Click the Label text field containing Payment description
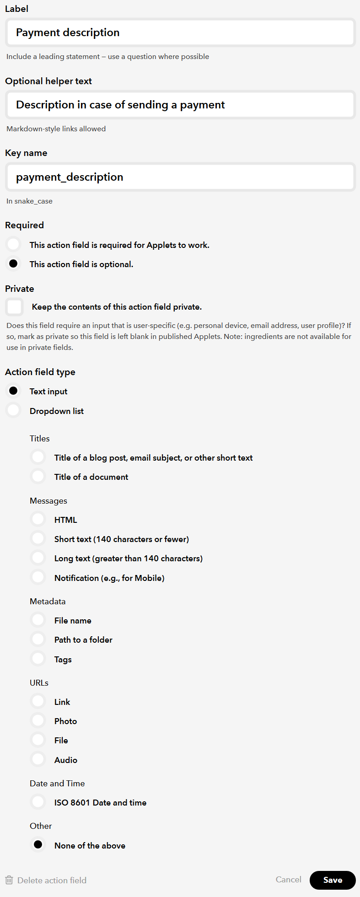pyautogui.click(x=180, y=32)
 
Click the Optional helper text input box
pyautogui.click(x=180, y=105)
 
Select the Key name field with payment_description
pyautogui.click(x=180, y=177)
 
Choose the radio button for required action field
pyautogui.click(x=14, y=244)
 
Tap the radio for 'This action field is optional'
pyautogui.click(x=14, y=263)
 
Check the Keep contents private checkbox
pyautogui.click(x=15, y=307)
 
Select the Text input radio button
pyautogui.click(x=14, y=391)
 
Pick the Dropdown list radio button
pyautogui.click(x=14, y=410)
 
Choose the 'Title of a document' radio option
pyautogui.click(x=38, y=476)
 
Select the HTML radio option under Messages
pyautogui.click(x=38, y=519)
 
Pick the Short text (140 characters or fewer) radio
pyautogui.click(x=38, y=538)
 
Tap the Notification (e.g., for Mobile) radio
pyautogui.click(x=38, y=577)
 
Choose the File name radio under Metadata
pyautogui.click(x=38, y=620)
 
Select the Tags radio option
pyautogui.click(x=38, y=659)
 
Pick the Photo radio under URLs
pyautogui.click(x=38, y=720)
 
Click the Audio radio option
pyautogui.click(x=38, y=759)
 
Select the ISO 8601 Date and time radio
pyautogui.click(x=38, y=802)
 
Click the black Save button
pyautogui.click(x=333, y=880)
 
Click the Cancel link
pyautogui.click(x=288, y=880)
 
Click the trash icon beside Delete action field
pyautogui.click(x=9, y=880)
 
